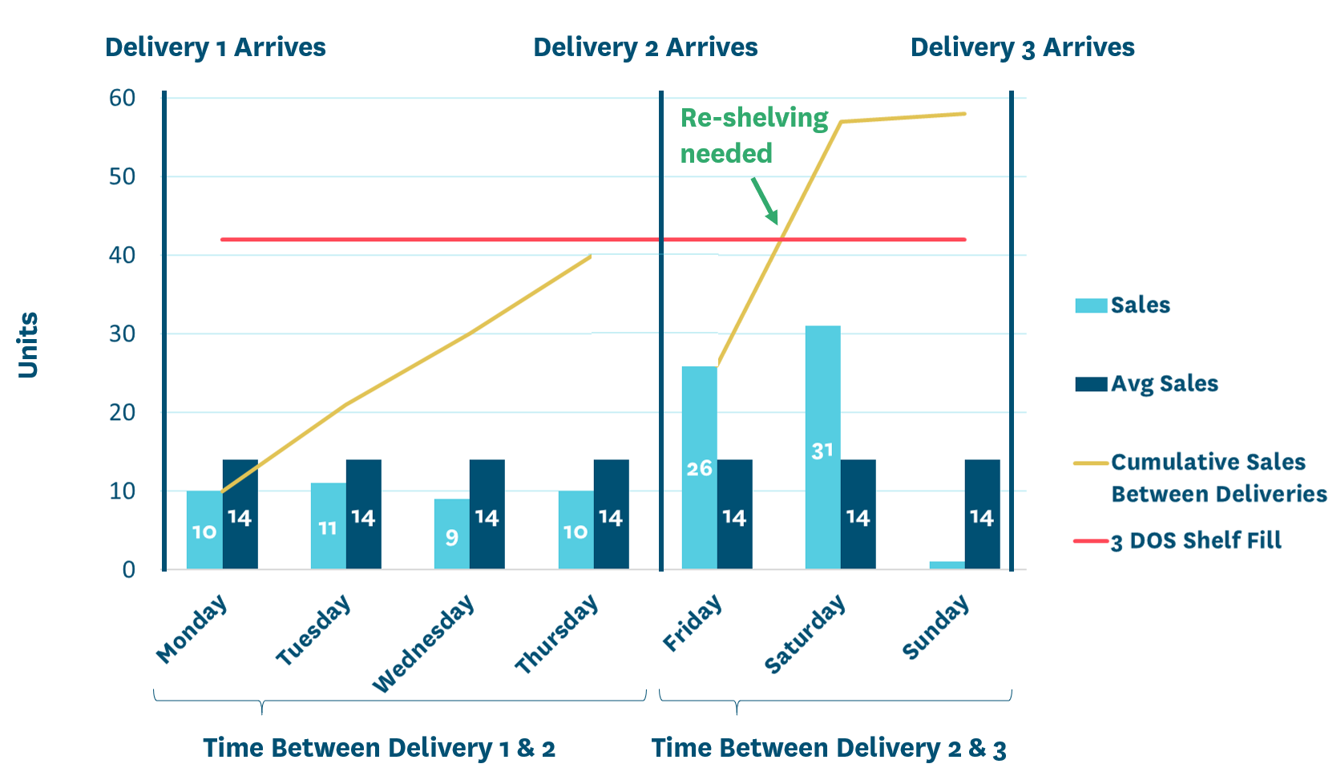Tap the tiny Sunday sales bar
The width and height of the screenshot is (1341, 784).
(x=947, y=565)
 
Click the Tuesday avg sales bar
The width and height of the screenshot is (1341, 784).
(x=363, y=514)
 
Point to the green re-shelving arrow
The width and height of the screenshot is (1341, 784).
(x=765, y=201)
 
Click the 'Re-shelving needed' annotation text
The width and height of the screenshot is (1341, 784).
(x=753, y=135)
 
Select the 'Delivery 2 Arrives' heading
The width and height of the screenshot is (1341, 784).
(x=645, y=47)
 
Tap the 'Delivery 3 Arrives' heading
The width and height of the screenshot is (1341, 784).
(x=1022, y=47)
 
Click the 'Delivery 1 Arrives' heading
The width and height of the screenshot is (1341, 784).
(x=215, y=47)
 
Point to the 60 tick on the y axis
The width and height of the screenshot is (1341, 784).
(x=123, y=98)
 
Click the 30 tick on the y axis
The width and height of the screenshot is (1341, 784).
(x=123, y=333)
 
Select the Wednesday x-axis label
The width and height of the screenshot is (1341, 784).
(x=423, y=644)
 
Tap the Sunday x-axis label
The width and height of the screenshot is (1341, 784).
(x=935, y=628)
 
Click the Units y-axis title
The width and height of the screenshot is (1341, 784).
(x=29, y=345)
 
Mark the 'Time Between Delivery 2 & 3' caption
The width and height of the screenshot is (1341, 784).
(x=829, y=748)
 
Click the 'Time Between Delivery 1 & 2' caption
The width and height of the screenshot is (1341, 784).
(x=379, y=748)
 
